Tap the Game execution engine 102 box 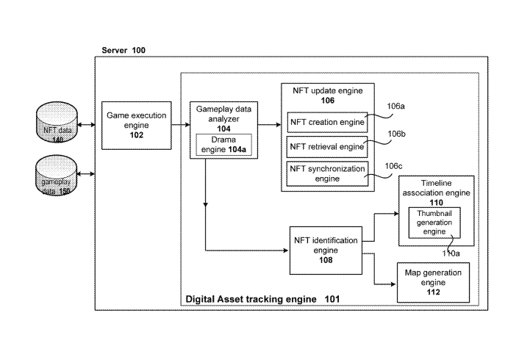click(x=137, y=125)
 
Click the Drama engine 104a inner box click(x=223, y=144)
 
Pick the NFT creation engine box click(x=326, y=121)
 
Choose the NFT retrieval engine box click(x=326, y=146)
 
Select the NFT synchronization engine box click(x=326, y=173)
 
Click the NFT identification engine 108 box click(x=326, y=249)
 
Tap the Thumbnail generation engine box click(x=434, y=222)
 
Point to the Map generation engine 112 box click(x=433, y=281)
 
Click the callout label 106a click(x=395, y=106)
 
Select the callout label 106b click(x=396, y=134)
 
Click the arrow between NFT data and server click(x=87, y=126)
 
